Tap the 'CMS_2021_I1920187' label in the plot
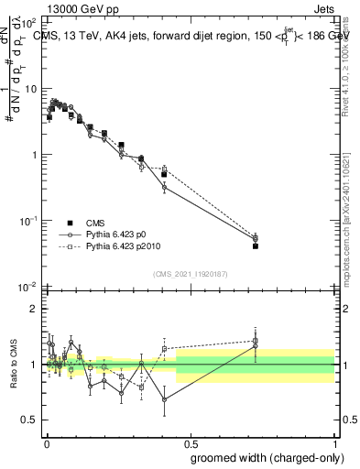pos(191,272)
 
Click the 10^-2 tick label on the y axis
pos(28,287)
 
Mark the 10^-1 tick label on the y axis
pos(28,221)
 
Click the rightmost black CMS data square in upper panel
pos(256,246)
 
